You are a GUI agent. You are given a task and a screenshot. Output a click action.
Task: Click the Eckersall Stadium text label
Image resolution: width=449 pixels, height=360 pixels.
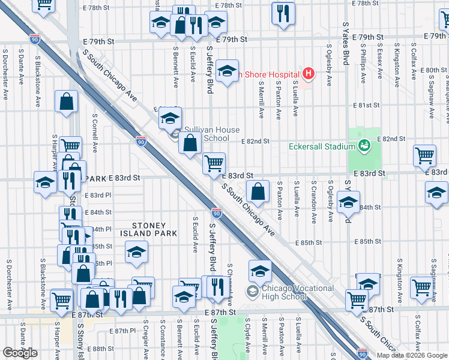(322, 146)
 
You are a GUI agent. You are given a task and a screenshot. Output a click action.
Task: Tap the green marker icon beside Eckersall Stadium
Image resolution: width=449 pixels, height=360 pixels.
(364, 146)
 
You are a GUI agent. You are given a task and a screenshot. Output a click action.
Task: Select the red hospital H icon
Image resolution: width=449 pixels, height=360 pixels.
(309, 74)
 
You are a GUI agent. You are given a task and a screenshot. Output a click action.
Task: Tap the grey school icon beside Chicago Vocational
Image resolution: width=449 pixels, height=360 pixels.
(252, 292)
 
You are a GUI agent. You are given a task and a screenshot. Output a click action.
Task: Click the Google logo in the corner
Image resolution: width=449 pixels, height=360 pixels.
(20, 353)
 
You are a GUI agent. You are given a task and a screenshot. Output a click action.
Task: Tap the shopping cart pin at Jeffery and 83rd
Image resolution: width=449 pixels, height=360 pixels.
(214, 163)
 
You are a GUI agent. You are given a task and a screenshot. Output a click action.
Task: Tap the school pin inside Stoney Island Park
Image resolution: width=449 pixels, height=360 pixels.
(137, 252)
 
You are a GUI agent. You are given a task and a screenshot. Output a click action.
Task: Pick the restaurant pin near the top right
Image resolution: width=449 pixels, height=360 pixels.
(283, 13)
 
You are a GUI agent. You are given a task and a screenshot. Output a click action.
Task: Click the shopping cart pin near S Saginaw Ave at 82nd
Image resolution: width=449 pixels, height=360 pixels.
(424, 155)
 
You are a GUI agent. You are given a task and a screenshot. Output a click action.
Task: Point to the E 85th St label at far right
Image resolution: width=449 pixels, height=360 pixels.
(372, 242)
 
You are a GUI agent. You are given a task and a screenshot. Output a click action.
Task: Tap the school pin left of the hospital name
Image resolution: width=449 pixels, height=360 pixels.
(227, 72)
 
